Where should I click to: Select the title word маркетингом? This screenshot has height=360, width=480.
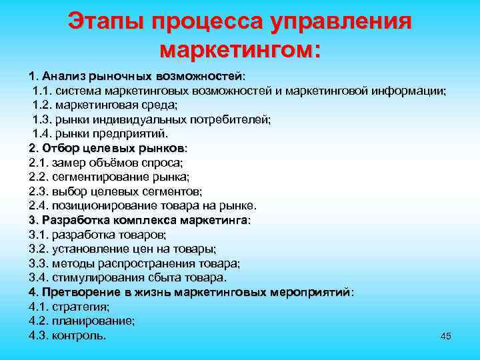pos(240,49)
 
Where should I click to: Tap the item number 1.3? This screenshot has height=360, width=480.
pos(42,119)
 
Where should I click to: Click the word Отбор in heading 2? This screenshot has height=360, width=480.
pos(58,147)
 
